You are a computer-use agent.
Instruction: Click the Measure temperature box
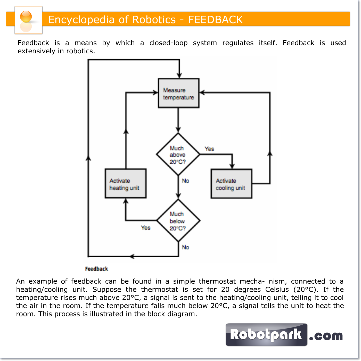(x=178, y=93)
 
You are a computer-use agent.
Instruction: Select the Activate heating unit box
(x=126, y=184)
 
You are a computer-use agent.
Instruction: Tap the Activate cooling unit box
(x=231, y=184)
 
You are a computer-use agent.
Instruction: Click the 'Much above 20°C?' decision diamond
(x=178, y=154)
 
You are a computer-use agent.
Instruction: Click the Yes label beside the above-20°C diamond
(x=209, y=149)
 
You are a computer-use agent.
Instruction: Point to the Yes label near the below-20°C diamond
(x=145, y=228)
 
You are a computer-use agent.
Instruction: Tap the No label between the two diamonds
(x=185, y=181)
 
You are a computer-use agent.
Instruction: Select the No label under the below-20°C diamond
(x=185, y=247)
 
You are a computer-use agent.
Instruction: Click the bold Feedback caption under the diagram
(x=96, y=269)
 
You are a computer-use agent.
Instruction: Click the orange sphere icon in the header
(x=26, y=17)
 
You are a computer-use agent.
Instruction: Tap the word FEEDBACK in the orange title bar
(x=215, y=20)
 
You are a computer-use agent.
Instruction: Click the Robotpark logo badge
(x=266, y=335)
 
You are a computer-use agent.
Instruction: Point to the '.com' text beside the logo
(x=326, y=336)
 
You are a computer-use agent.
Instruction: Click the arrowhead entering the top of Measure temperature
(x=179, y=76)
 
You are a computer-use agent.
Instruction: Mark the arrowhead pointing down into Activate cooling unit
(x=232, y=166)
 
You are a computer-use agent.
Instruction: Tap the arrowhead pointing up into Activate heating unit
(x=126, y=201)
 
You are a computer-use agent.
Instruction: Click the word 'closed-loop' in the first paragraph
(x=168, y=43)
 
